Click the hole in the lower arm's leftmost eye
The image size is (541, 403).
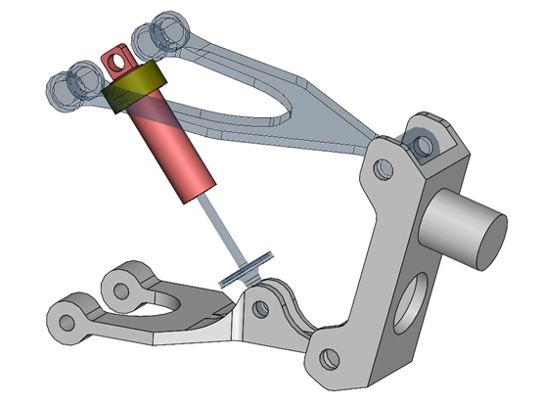pos(69,322)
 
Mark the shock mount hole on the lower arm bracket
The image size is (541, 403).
pos(260,308)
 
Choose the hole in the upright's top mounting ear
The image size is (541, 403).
pos(424,147)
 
